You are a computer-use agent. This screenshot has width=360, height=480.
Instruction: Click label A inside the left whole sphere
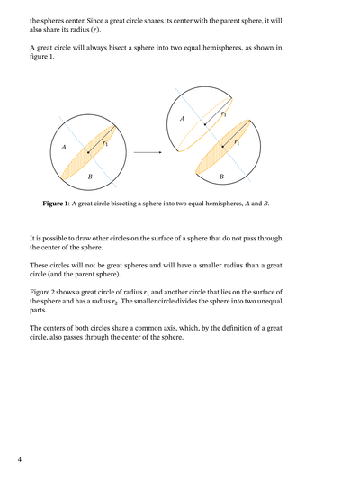click(x=63, y=147)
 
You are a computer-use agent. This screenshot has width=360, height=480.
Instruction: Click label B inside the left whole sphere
click(x=90, y=177)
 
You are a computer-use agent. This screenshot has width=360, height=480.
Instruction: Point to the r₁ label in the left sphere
click(x=105, y=143)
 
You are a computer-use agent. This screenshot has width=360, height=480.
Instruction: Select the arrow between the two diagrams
click(x=146, y=152)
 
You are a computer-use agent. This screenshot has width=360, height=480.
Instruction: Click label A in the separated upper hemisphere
click(x=183, y=119)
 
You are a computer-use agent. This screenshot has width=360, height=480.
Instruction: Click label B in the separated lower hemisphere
click(x=221, y=177)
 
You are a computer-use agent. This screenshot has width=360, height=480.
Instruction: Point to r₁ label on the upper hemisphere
click(x=223, y=113)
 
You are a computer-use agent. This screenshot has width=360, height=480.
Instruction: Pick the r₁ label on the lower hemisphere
click(x=238, y=143)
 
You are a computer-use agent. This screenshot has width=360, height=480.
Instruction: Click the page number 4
click(x=18, y=460)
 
